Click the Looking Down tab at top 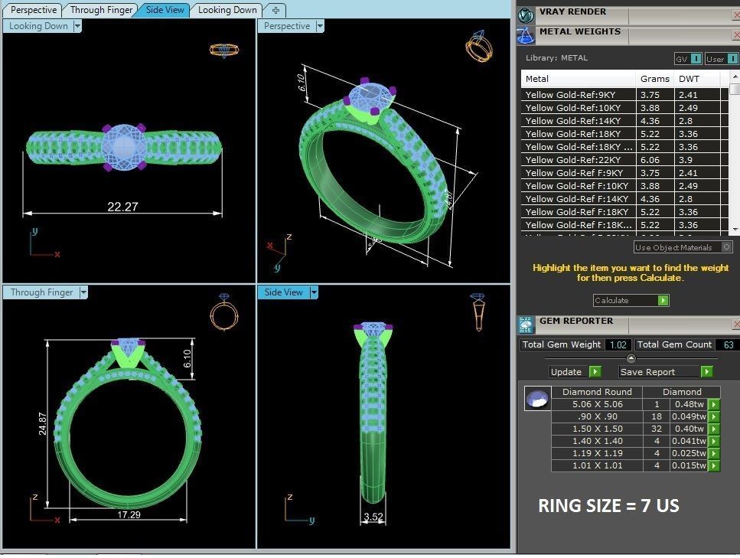point(227,10)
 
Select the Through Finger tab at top point(102,10)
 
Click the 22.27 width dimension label point(122,207)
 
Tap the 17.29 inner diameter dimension point(129,515)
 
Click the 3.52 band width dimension point(373,517)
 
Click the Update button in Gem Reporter point(567,372)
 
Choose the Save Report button point(647,372)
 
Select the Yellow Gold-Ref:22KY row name point(572,160)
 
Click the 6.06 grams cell point(650,160)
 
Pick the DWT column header point(689,79)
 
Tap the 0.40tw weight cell point(689,429)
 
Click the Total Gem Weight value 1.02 point(617,345)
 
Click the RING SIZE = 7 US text point(608,506)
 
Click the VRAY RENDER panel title point(572,11)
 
